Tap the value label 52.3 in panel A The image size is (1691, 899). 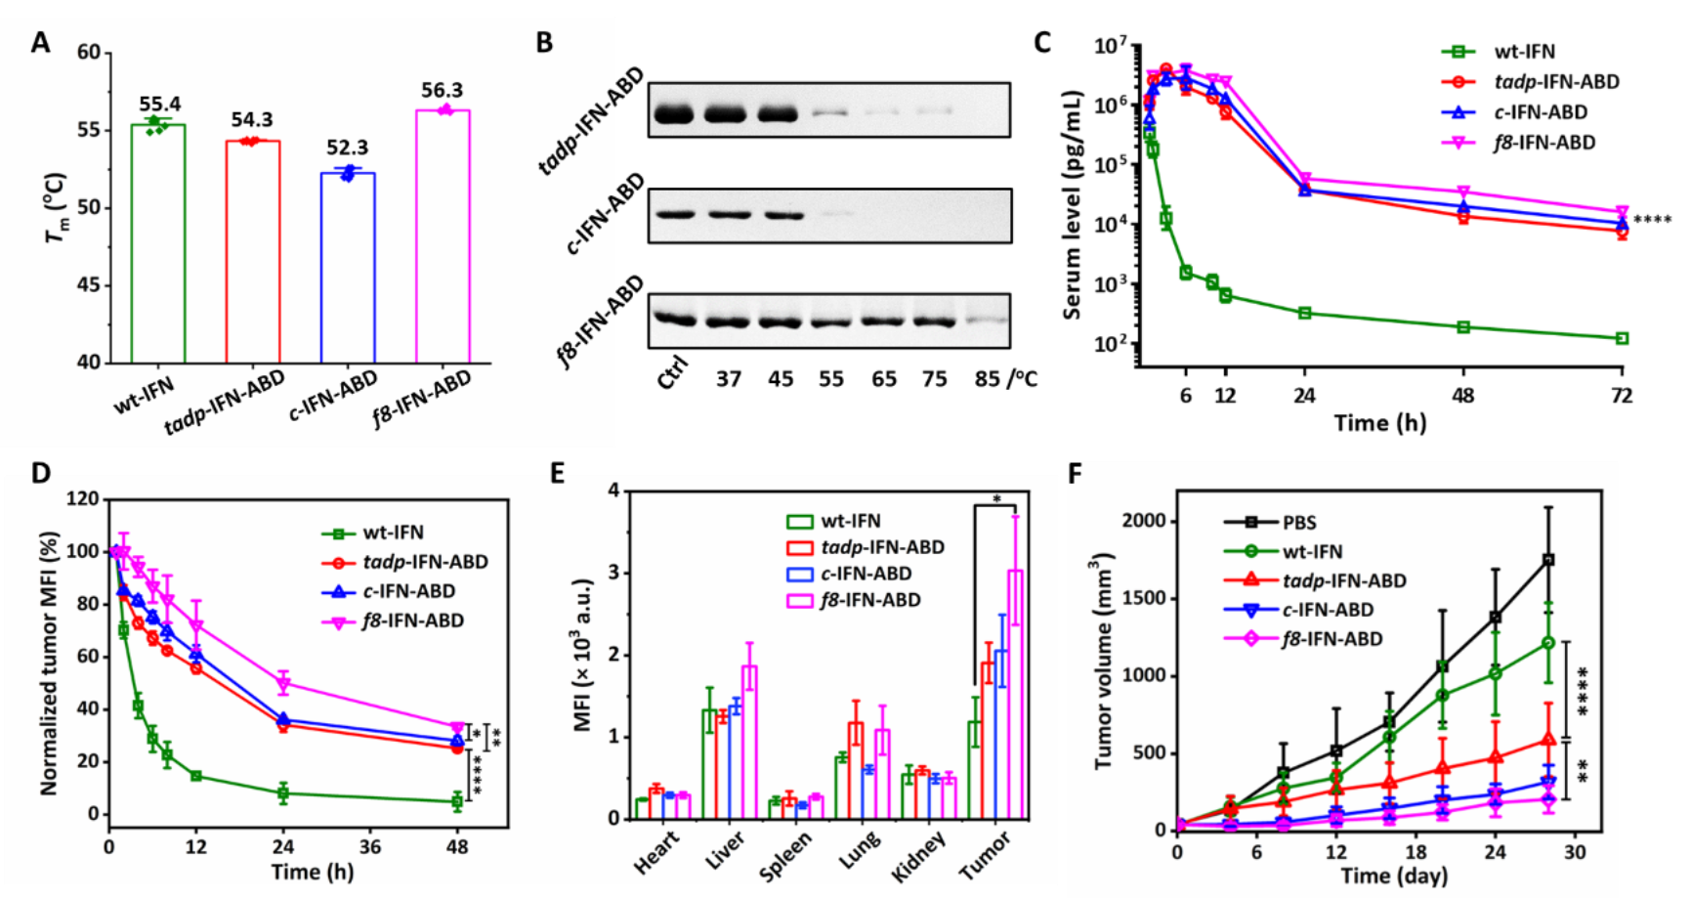347,148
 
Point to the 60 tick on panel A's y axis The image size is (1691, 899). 89,52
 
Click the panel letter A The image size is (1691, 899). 40,43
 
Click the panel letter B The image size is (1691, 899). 544,43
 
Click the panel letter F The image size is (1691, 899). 1076,475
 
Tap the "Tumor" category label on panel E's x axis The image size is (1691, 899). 985,856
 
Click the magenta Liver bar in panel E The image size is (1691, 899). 749,742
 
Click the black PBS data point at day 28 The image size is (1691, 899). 1548,560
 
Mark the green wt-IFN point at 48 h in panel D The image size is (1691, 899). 456,801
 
